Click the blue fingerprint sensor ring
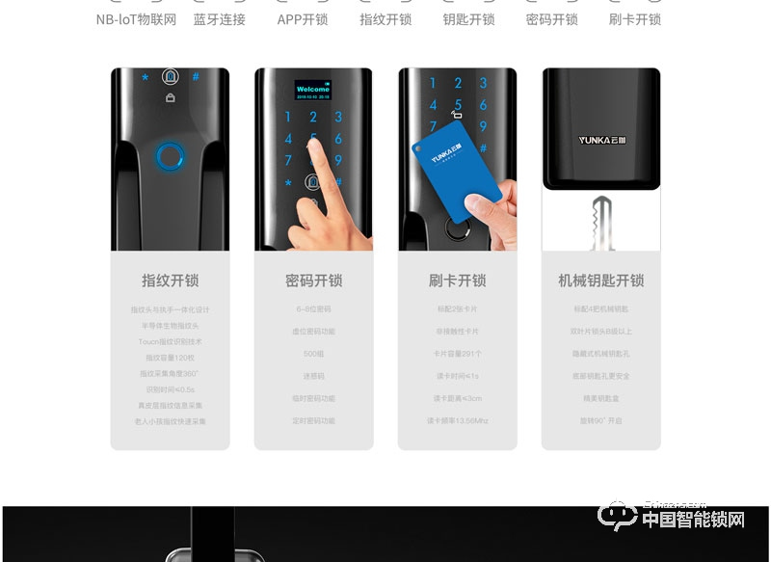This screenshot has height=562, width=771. point(170,154)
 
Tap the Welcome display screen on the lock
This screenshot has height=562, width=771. point(313,92)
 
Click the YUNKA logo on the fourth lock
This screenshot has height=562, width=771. point(601,139)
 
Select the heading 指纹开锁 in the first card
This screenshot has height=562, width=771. point(170,281)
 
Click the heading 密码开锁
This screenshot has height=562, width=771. point(313,281)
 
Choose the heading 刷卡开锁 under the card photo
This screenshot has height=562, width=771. point(457,281)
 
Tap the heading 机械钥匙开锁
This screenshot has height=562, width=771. point(601,281)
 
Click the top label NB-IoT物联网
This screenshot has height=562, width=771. point(136,19)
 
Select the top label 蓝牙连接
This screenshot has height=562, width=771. point(219,19)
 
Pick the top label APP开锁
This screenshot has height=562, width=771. point(302,19)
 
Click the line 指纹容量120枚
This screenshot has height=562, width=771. point(170,357)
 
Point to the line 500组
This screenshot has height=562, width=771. point(313,354)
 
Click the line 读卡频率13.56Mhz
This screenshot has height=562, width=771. point(457,420)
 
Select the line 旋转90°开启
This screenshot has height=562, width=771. point(601,420)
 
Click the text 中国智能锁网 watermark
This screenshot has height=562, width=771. point(693,520)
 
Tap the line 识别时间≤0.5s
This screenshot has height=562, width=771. point(170,388)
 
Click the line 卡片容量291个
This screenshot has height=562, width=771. point(457,354)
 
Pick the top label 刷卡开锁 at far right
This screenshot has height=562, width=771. point(635,19)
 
